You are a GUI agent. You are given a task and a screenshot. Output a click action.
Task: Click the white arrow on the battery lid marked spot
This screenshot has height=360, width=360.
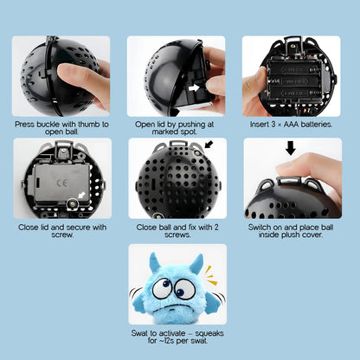194,87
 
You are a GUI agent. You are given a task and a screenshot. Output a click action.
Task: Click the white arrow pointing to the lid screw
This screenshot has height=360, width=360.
82,195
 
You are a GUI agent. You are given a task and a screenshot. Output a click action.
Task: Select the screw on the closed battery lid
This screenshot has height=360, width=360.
72,204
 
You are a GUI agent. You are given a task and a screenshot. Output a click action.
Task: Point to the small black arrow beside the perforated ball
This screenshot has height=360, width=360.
209,144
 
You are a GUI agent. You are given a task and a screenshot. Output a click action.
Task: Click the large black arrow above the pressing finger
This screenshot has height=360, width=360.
291,148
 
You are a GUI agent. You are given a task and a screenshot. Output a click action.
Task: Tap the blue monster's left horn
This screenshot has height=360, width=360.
155,262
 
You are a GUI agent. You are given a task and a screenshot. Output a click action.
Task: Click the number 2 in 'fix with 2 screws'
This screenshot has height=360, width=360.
216,228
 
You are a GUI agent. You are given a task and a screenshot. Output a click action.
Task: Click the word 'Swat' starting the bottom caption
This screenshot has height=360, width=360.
139,333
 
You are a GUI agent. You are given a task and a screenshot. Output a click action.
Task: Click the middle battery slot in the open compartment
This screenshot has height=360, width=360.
294,81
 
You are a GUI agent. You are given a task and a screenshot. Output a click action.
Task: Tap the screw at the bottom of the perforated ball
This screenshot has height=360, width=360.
157,215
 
